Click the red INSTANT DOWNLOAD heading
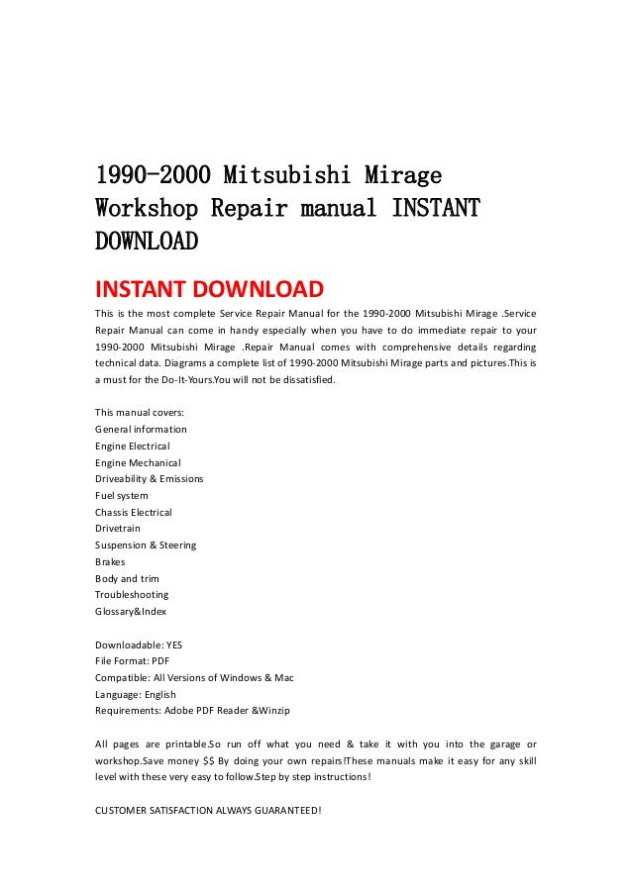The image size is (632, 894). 208,290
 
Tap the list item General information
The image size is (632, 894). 141,429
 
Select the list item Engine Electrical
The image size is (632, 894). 133,446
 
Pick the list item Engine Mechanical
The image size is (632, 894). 138,462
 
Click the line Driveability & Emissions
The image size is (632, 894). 149,478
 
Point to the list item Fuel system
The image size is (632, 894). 121,495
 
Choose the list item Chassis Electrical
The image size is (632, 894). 133,512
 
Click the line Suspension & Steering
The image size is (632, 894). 146,545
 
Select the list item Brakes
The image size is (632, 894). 110,561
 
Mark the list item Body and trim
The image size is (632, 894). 127,578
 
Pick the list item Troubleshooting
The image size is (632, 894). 132,594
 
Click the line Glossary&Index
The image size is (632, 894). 131,611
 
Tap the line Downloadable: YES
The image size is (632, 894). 139,645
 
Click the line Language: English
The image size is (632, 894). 135,694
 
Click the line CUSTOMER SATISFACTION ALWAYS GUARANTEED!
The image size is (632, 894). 208,811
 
